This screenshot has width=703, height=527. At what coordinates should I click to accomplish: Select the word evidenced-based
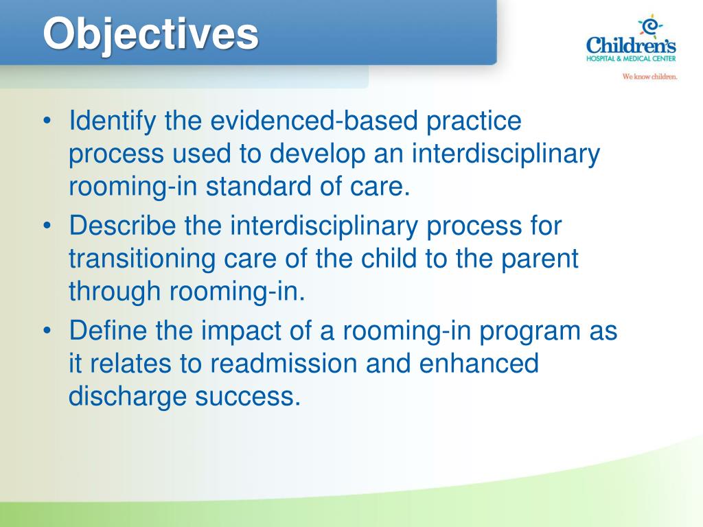[314, 120]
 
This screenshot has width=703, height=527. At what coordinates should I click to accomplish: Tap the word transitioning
[142, 259]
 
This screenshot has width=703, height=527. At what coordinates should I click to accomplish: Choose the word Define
[108, 330]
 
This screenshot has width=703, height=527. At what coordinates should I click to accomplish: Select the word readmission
[284, 363]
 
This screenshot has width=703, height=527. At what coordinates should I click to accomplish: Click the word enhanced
[479, 363]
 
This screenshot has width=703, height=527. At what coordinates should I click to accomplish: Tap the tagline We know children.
[649, 77]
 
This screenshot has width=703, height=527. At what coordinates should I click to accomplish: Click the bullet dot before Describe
[47, 226]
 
